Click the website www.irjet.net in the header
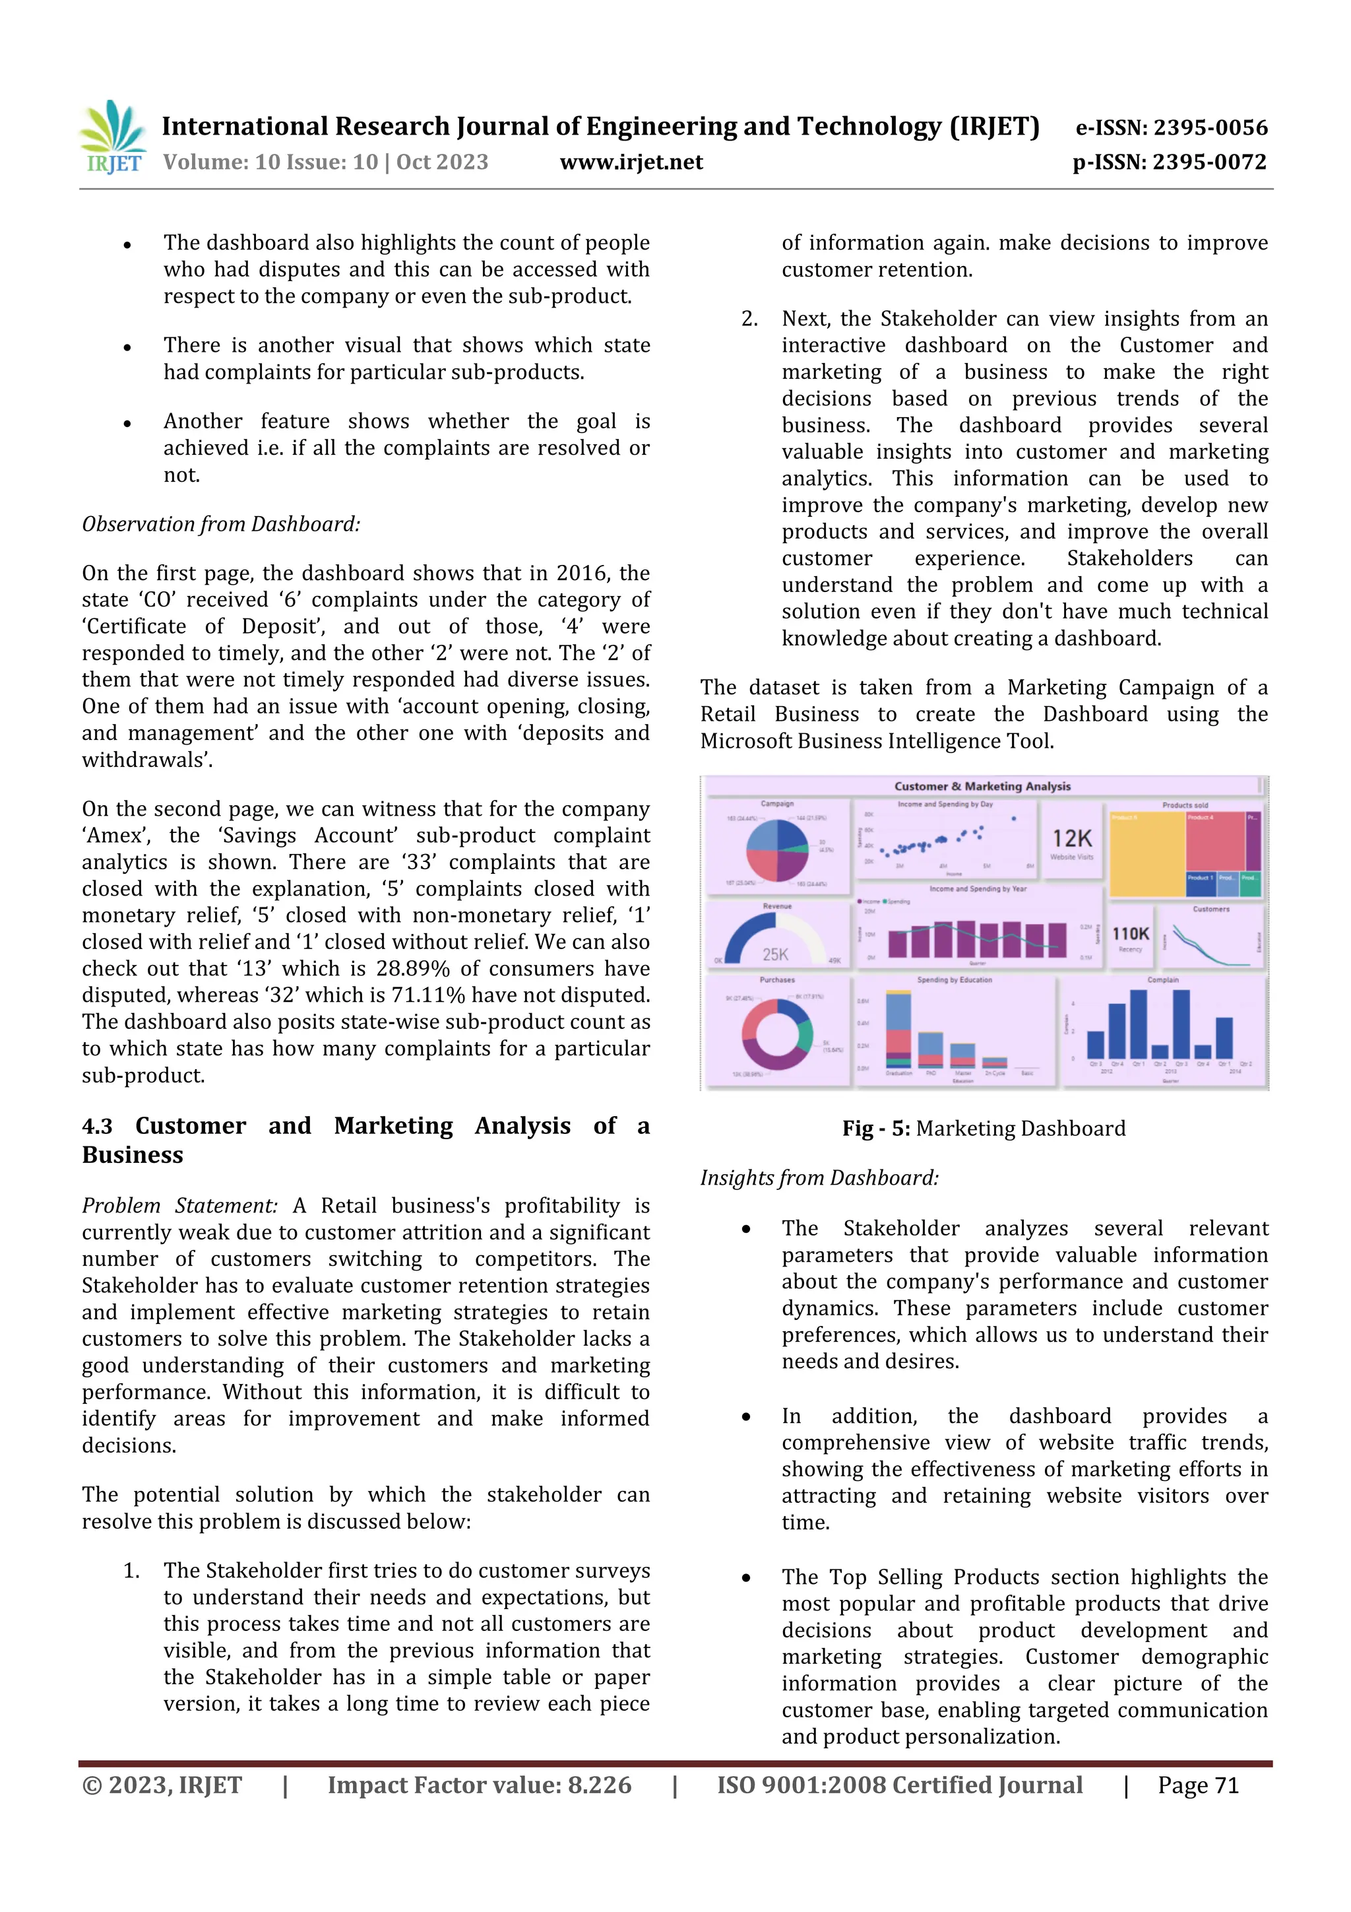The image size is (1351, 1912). click(631, 162)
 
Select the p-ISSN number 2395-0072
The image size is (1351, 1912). click(1210, 162)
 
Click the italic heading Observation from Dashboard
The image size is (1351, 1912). click(220, 524)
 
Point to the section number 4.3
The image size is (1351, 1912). click(98, 1126)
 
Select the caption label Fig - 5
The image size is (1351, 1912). click(875, 1129)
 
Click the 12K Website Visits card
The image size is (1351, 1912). click(1071, 843)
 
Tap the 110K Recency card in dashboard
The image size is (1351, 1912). click(1131, 937)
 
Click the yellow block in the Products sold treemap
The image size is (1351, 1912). click(1147, 853)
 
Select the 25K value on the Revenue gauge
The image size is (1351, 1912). click(775, 954)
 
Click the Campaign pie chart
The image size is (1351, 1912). click(776, 850)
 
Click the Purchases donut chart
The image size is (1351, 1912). click(776, 1034)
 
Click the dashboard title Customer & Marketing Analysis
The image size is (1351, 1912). click(982, 786)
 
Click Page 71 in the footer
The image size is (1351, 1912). click(1198, 1785)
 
